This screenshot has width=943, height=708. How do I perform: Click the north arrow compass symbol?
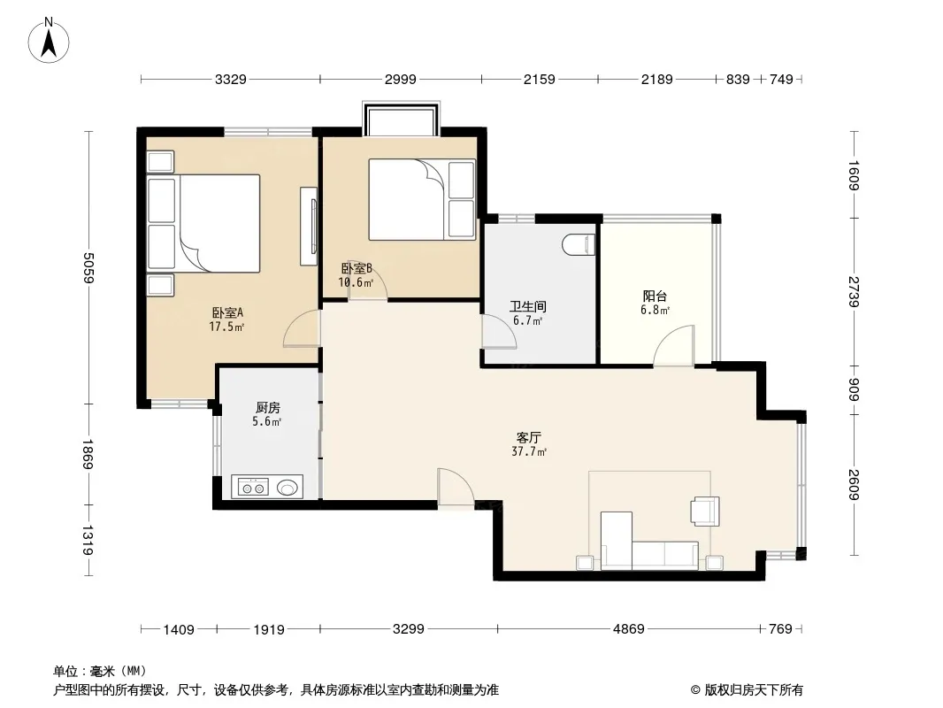point(49,41)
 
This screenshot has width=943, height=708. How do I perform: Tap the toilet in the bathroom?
point(579,243)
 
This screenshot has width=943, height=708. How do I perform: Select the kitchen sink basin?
point(289,487)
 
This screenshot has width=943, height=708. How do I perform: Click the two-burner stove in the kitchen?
point(253,487)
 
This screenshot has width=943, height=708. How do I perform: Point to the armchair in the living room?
point(705,511)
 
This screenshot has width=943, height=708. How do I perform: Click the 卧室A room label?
point(227,312)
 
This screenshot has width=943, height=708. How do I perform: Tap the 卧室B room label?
point(356,268)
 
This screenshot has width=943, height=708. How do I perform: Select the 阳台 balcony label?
point(655,296)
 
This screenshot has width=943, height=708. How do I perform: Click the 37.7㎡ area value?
point(529,451)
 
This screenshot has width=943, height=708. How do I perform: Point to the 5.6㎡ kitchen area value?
point(267,421)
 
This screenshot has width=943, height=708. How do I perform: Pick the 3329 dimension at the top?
point(231,79)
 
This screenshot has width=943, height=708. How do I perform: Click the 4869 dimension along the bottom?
point(628,628)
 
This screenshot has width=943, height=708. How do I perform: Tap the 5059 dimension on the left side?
point(89,267)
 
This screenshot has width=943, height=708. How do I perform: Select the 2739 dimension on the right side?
point(854,292)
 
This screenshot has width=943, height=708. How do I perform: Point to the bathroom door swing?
point(499,332)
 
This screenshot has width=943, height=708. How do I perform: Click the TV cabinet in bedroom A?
point(309,227)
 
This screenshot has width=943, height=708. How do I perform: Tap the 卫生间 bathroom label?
point(528,307)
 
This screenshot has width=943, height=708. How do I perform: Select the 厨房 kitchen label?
point(268,408)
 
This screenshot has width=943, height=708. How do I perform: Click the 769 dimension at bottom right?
point(780,628)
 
